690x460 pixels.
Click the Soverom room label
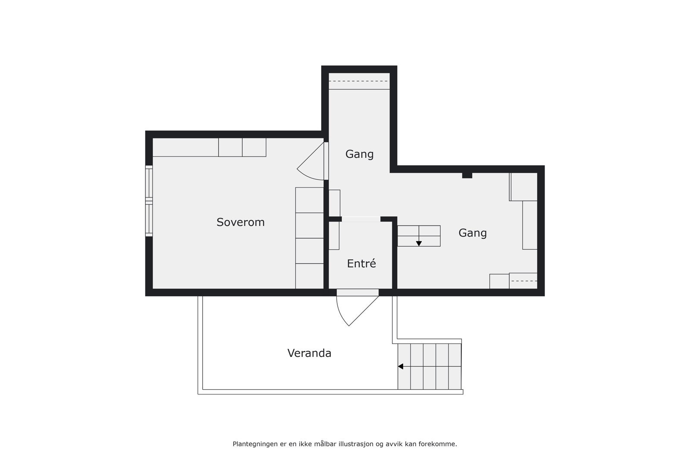pyautogui.click(x=240, y=222)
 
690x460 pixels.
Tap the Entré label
pyautogui.click(x=361, y=263)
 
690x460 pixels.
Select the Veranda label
pyautogui.click(x=309, y=353)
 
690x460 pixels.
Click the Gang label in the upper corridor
pyautogui.click(x=359, y=154)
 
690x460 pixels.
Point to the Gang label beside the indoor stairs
pyautogui.click(x=472, y=233)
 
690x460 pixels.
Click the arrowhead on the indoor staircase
pyautogui.click(x=419, y=244)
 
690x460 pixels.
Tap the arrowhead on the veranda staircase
pyautogui.click(x=400, y=366)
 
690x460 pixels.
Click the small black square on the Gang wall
pyautogui.click(x=467, y=175)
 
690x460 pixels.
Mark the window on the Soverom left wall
pyautogui.click(x=149, y=201)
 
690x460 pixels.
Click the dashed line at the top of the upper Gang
pyautogui.click(x=359, y=81)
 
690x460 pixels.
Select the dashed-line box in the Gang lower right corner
pyautogui.click(x=523, y=281)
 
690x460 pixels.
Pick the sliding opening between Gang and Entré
pyautogui.click(x=361, y=219)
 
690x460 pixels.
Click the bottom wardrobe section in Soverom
pyautogui.click(x=309, y=276)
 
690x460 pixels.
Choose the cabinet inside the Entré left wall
pyautogui.click(x=334, y=235)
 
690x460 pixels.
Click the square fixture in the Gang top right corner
pyautogui.click(x=524, y=187)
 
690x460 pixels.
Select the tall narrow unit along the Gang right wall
pyautogui.click(x=530, y=225)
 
